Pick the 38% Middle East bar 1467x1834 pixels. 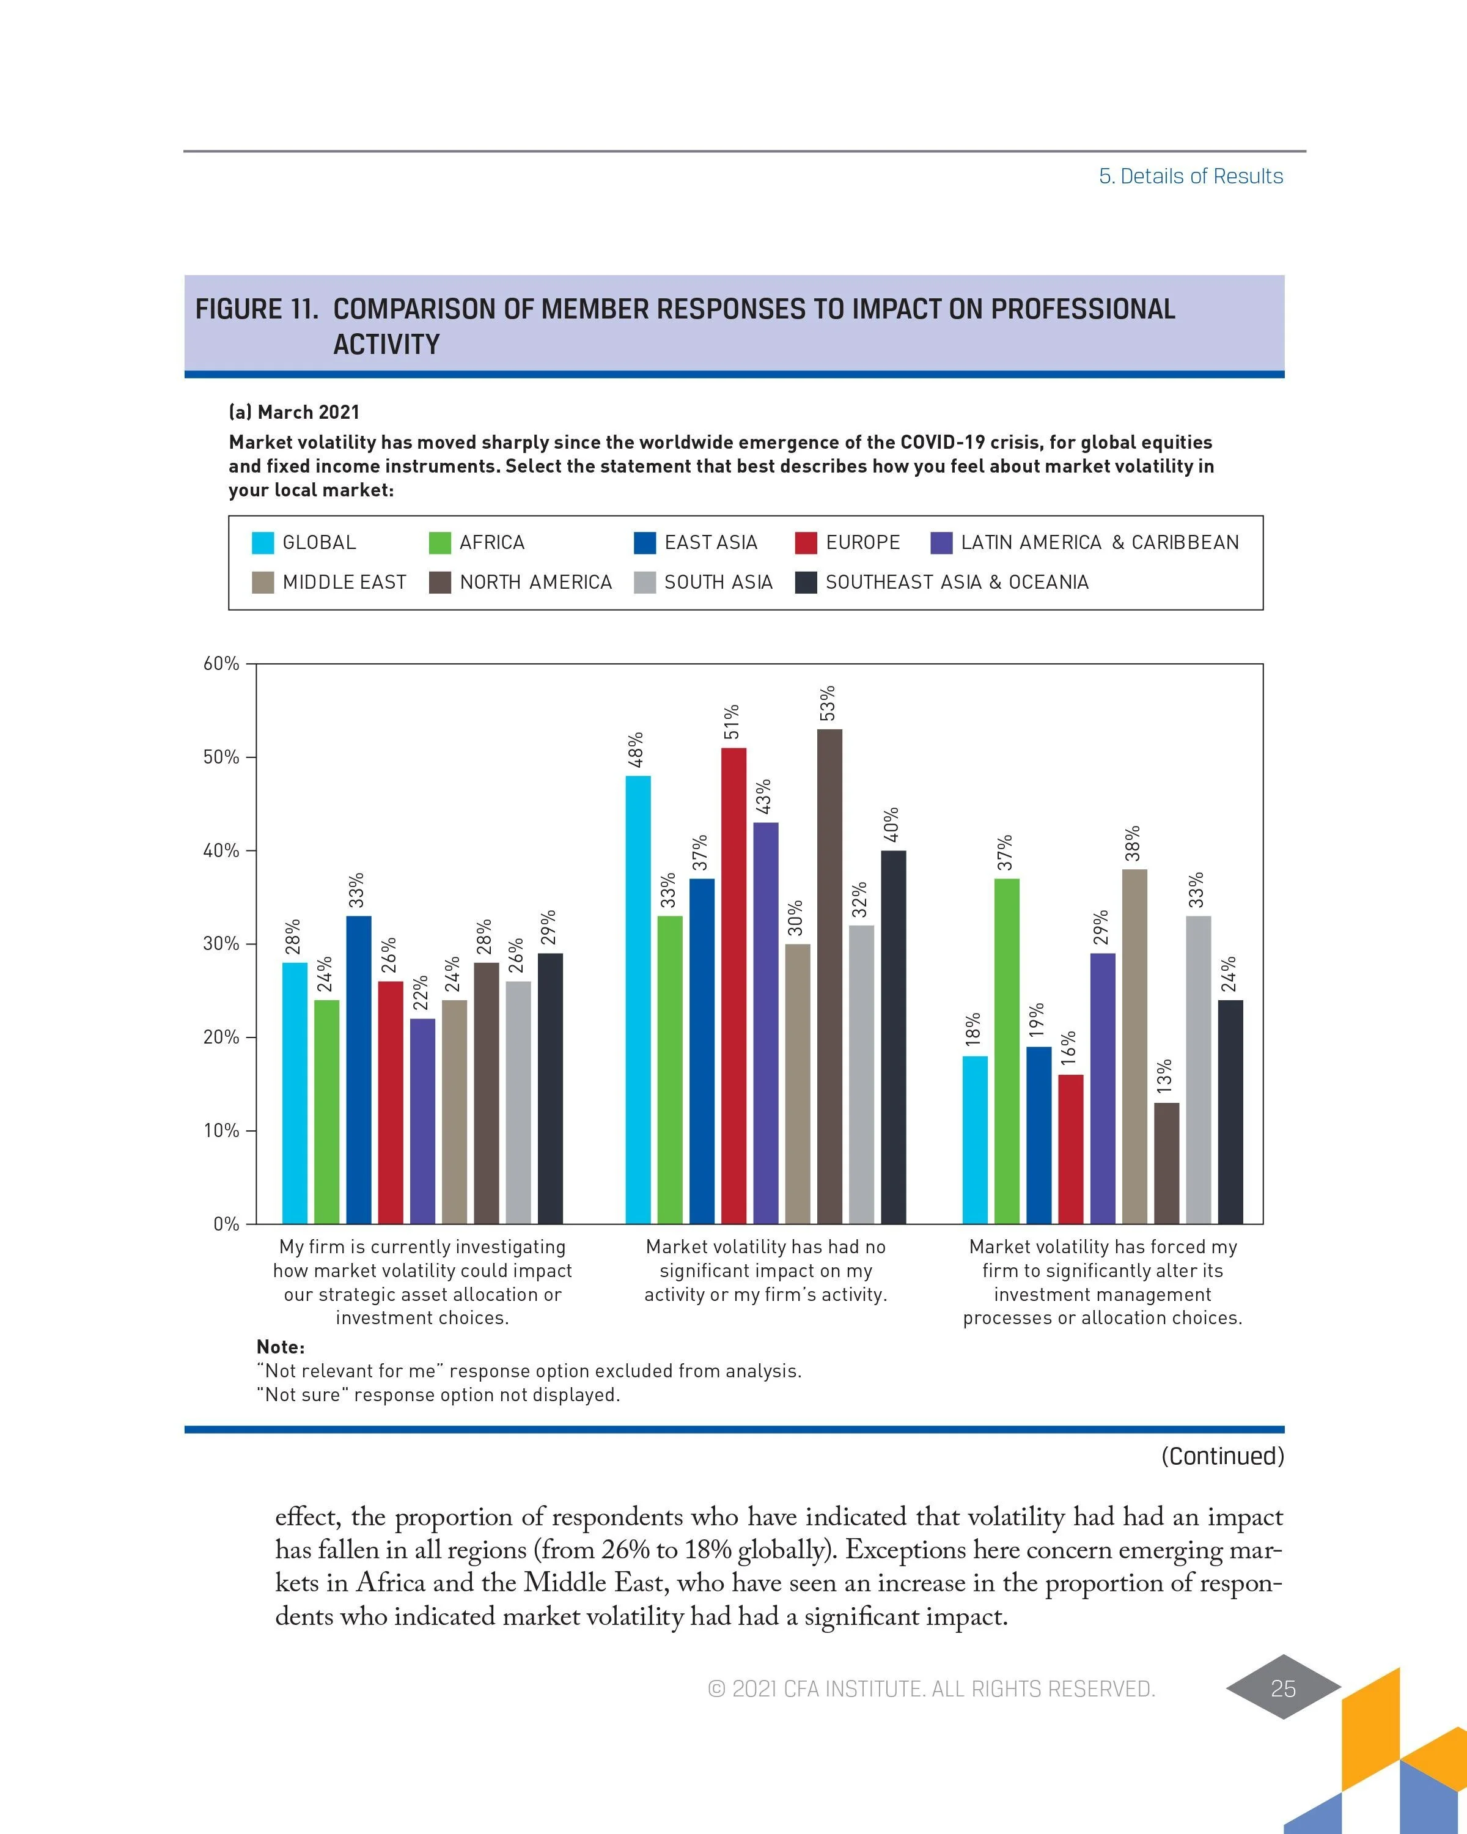point(1134,1047)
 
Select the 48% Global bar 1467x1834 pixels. point(638,1000)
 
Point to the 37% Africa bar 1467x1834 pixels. point(1006,1050)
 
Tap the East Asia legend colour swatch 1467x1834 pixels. point(645,543)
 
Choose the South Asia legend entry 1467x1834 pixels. point(718,582)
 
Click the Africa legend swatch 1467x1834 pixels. point(439,543)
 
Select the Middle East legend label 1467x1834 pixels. point(344,582)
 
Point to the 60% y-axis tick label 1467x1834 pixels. point(221,663)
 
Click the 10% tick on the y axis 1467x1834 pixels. point(221,1130)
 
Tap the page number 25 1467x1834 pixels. point(1282,1688)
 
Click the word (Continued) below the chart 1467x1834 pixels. point(1222,1456)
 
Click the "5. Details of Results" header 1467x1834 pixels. point(1191,176)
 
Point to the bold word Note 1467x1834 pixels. point(280,1347)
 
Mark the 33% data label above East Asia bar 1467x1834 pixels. point(357,889)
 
